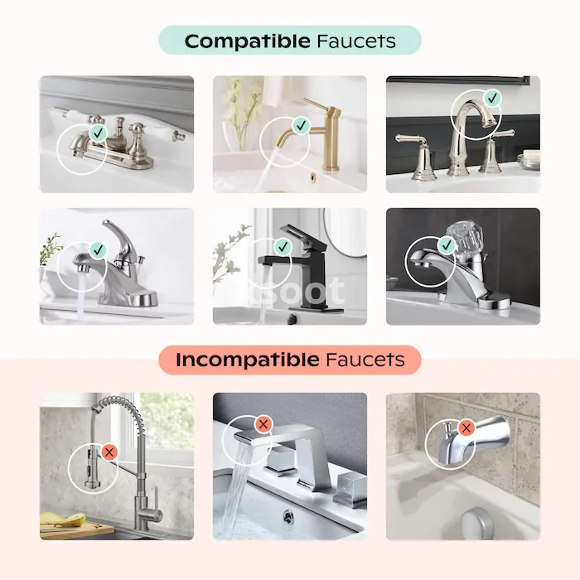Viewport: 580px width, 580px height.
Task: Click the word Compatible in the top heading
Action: point(247,41)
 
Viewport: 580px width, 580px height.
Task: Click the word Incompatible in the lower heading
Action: point(248,360)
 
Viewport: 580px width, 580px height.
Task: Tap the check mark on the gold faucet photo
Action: point(301,125)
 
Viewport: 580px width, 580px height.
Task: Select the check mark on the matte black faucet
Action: point(283,246)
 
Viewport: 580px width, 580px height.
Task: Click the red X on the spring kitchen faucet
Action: point(109,452)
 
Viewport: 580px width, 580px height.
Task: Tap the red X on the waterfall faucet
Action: point(263,424)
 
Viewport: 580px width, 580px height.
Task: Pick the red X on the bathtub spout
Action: point(466,428)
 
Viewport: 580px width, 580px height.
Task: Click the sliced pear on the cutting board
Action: point(65,520)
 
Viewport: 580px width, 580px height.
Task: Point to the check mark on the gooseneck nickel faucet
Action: point(492,99)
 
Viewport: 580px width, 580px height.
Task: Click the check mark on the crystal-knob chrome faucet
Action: point(447,245)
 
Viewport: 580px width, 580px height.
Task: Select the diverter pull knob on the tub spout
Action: point(447,428)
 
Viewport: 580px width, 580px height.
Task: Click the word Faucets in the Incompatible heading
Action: point(365,360)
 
